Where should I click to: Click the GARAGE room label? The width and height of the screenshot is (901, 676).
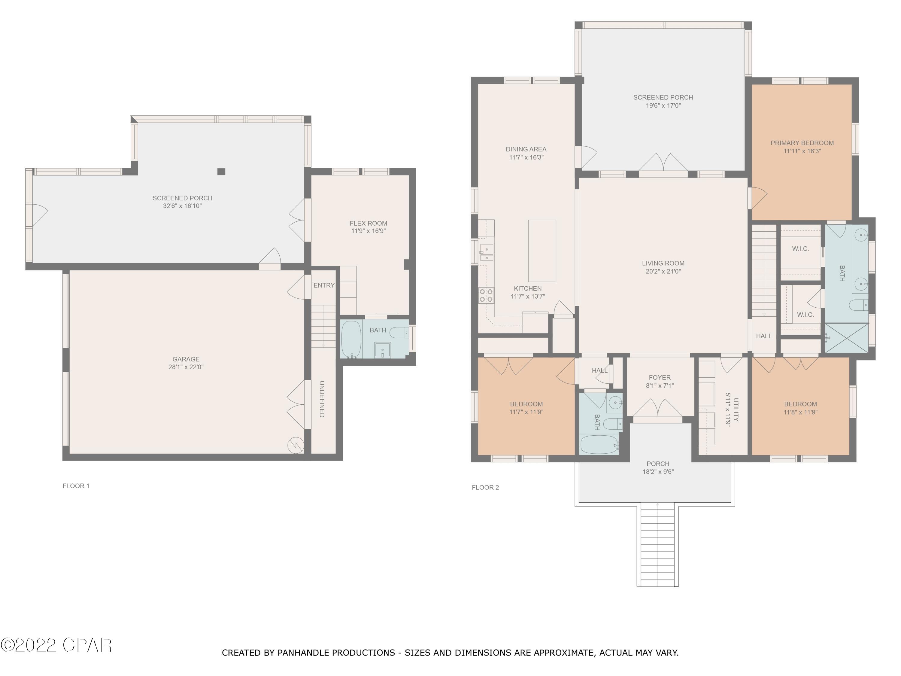pos(186,359)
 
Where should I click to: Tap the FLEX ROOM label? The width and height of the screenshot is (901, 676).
pos(368,223)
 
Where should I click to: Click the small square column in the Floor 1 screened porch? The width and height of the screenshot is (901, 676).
pos(221,172)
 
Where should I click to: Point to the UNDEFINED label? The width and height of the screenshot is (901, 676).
pos(322,399)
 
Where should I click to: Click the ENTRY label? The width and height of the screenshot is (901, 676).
pos(324,285)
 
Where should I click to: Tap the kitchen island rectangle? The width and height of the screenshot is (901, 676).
pos(542,251)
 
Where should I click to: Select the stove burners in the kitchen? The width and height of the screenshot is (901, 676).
pos(486,295)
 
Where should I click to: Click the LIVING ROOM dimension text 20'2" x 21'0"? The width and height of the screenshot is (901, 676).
pos(663,271)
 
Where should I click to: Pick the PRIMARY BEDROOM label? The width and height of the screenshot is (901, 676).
pos(802,143)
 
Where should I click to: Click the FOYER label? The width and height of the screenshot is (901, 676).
pos(660,377)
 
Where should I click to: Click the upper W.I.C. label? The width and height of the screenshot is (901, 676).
pos(800,248)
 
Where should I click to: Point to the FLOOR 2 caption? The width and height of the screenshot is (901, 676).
pos(485,487)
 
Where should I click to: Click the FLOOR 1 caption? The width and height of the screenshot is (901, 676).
pos(76,486)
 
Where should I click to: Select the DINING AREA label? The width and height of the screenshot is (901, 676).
pos(526,149)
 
